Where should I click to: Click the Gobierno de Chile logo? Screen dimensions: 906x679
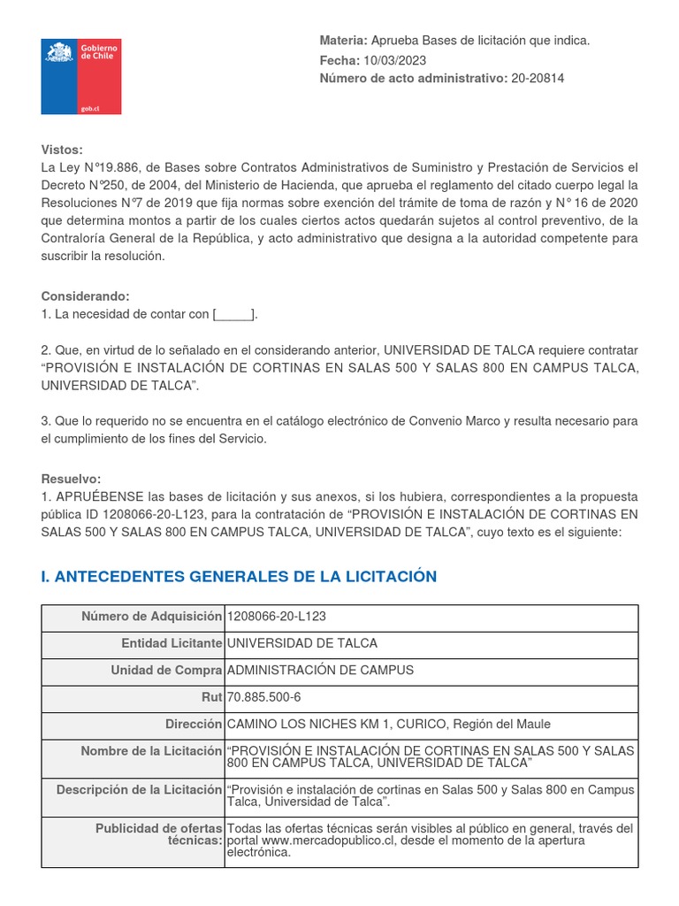(81, 77)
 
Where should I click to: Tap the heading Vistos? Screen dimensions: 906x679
(62, 150)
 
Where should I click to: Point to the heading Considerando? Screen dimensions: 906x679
(85, 296)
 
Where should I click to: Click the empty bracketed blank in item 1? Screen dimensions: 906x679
(234, 314)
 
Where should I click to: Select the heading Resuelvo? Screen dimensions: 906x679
(71, 479)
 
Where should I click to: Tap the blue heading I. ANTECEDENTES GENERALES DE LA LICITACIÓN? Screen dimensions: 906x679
(239, 577)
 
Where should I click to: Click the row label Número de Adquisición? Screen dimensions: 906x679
(151, 617)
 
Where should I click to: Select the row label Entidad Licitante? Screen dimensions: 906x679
(172, 643)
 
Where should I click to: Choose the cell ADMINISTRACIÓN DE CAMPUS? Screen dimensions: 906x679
(320, 671)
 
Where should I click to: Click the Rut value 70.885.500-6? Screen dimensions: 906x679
(264, 697)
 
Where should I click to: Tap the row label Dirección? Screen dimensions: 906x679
(193, 724)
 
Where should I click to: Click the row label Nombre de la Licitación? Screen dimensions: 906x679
(151, 751)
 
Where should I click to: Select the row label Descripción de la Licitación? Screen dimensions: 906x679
(139, 789)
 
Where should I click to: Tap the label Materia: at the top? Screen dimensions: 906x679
(342, 41)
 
